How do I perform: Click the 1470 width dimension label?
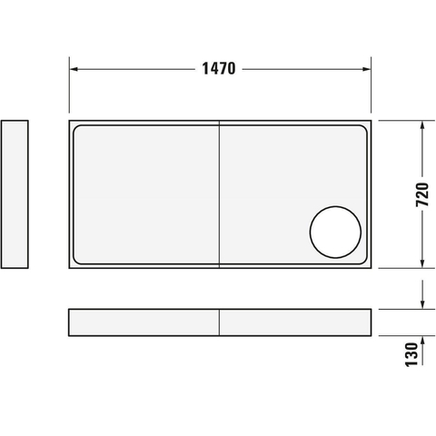point(219,69)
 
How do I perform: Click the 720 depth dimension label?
point(422,194)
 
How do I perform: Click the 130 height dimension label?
point(411,354)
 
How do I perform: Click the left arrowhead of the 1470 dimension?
point(74,69)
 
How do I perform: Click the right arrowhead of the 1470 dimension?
point(367,69)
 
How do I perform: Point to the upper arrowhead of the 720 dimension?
point(422,125)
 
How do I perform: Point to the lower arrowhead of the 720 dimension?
point(422,263)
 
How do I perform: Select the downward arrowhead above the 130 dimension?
point(422,304)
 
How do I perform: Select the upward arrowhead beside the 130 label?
point(422,341)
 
